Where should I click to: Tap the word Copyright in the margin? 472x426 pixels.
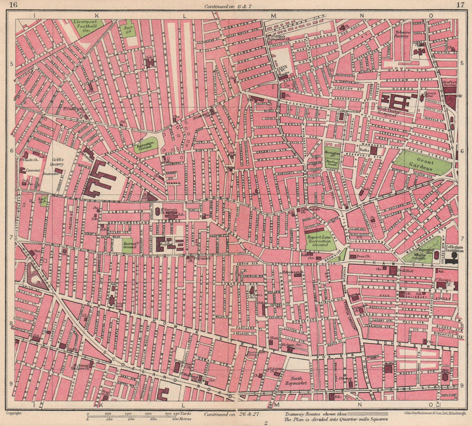[x=13, y=413]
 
